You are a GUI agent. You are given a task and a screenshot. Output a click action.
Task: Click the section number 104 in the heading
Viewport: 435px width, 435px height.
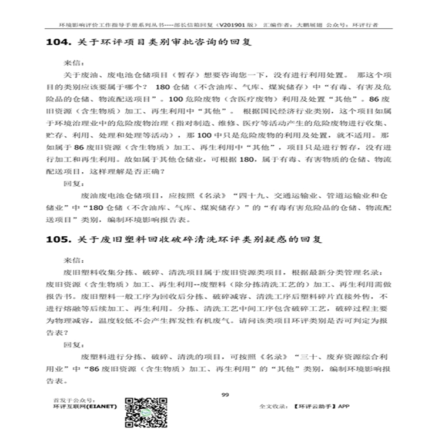[x=58, y=43]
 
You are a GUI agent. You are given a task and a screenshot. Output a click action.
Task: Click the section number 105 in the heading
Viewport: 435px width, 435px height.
[x=58, y=240]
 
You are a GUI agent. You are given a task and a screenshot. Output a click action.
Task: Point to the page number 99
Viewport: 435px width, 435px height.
[x=224, y=394]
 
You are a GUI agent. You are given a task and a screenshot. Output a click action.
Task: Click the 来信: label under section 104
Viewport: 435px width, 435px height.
[x=71, y=61]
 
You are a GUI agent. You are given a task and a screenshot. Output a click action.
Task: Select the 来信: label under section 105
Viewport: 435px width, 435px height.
[x=71, y=259]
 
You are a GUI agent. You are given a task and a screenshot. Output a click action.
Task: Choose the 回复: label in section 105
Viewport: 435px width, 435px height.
[x=71, y=346]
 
